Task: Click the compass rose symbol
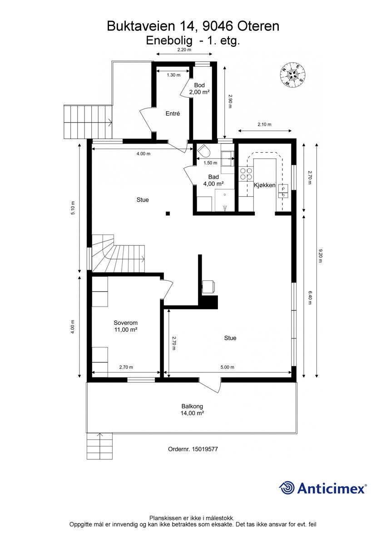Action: [292, 74]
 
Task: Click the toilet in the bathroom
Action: [204, 151]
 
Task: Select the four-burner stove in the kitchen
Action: [246, 174]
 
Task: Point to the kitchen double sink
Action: [283, 191]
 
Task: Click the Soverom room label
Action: [125, 323]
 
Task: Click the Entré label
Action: [173, 114]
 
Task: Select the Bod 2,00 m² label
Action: [199, 89]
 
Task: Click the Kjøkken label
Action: [265, 185]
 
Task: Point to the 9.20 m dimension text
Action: [320, 256]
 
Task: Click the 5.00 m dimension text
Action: [227, 367]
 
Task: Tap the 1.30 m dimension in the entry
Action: [173, 75]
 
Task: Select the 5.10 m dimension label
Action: [73, 208]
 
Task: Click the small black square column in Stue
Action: [168, 214]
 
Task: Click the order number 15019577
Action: [205, 449]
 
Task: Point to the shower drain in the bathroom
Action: [225, 194]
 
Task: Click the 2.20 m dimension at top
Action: [184, 50]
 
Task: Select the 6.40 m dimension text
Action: [310, 298]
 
